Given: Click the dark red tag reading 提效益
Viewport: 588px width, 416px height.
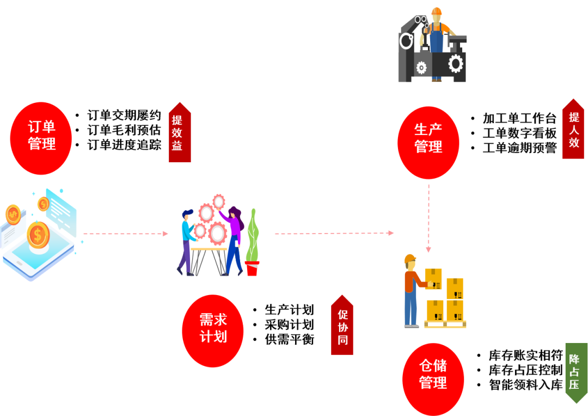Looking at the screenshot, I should pyautogui.click(x=180, y=133).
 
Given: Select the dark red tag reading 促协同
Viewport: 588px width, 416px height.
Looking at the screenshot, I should pyautogui.click(x=342, y=326).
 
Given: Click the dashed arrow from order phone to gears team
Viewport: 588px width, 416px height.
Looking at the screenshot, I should pyautogui.click(x=125, y=234).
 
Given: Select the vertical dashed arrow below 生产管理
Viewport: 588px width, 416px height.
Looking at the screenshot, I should pyautogui.click(x=428, y=218).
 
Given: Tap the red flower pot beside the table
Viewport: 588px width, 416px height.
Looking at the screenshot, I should pyautogui.click(x=252, y=268).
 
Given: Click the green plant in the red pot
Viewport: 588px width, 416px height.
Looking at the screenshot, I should pyautogui.click(x=252, y=234).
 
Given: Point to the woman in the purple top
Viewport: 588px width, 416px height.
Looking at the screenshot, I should pyautogui.click(x=235, y=240).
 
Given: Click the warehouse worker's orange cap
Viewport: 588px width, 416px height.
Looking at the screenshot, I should pyautogui.click(x=410, y=258).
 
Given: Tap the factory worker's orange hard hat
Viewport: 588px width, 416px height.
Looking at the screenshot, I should pyautogui.click(x=437, y=11).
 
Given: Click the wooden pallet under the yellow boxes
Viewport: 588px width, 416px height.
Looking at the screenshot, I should pyautogui.click(x=445, y=324).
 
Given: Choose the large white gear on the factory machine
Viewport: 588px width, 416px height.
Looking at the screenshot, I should pyautogui.click(x=455, y=64).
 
